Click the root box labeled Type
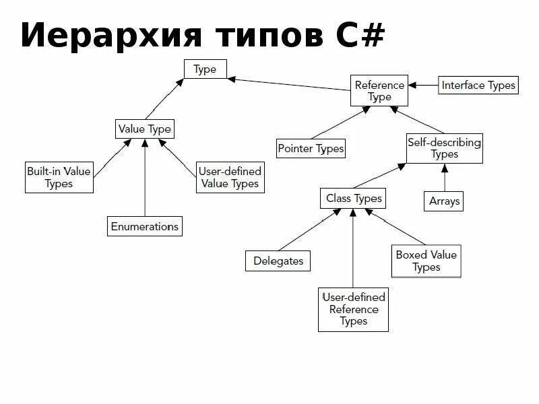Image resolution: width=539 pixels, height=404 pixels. pos(205,69)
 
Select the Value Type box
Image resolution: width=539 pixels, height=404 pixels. pos(145,129)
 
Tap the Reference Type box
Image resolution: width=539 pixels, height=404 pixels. pos(379,91)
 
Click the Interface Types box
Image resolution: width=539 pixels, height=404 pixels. pos(478,85)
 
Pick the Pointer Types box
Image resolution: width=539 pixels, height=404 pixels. pos(311,148)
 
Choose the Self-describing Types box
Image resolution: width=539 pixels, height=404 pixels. pos(444,148)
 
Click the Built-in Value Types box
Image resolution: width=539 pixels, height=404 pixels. pos(59,177)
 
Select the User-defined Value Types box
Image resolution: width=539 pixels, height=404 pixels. pos(229,177)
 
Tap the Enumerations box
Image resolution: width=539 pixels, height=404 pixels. pos(145,226)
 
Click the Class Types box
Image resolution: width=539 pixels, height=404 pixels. pos(354,198)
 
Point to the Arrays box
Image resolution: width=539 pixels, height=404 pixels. pos(444,201)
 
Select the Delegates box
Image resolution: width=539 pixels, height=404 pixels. pos(278,261)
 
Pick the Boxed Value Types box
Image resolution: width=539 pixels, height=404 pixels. pos(426,261)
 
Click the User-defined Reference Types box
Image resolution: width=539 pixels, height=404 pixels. pos(353,310)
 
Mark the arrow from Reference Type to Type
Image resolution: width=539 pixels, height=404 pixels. pos(290,84)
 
